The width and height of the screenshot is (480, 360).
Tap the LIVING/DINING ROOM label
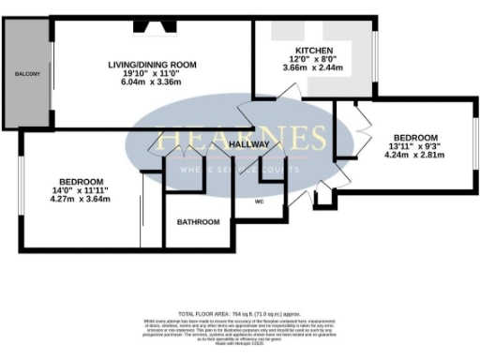point(151,64)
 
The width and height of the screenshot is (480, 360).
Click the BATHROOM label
point(200,222)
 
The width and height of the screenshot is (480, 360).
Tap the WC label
point(259,202)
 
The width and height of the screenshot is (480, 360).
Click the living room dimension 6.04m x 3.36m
point(151,82)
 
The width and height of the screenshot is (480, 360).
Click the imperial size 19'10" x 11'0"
point(151,73)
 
